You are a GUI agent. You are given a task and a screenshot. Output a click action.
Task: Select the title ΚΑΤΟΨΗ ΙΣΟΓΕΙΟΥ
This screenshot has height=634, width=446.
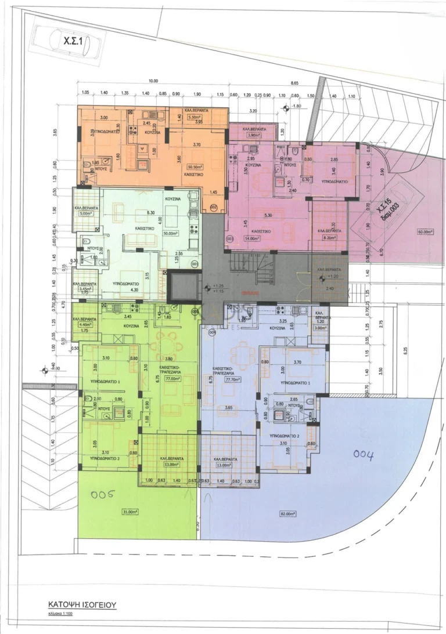(82, 604)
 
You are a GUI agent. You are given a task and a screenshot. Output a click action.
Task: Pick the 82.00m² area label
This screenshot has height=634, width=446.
(287, 513)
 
